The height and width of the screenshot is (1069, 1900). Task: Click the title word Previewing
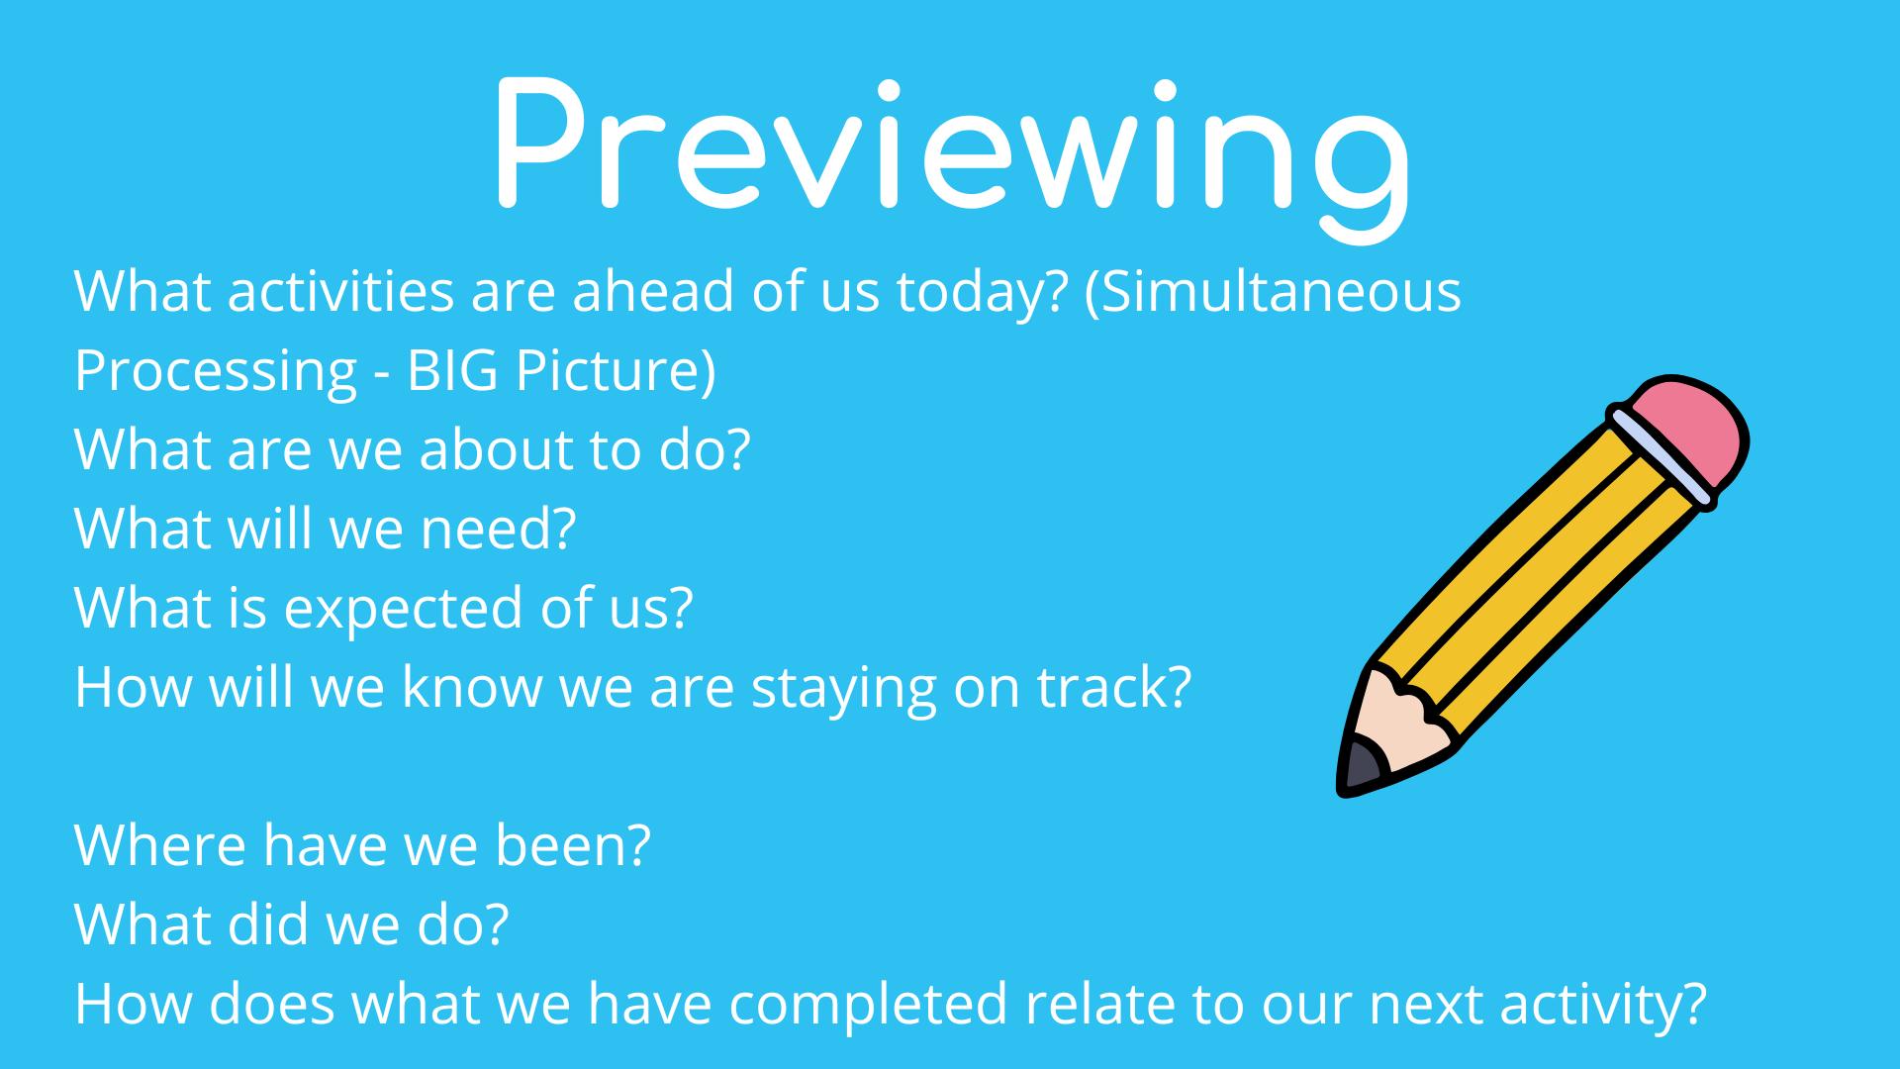[950, 148]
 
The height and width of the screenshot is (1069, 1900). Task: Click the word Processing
[216, 372]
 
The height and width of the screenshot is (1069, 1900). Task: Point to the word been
[559, 846]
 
